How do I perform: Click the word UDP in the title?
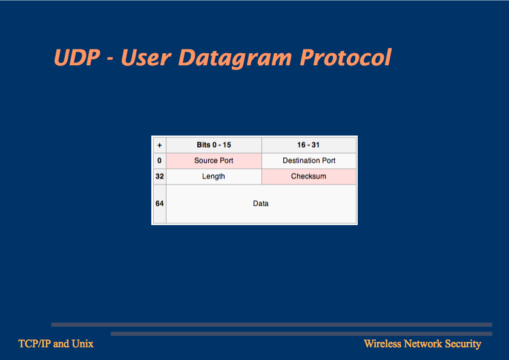77,57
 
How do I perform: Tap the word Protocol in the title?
346,57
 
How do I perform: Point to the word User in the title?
146,57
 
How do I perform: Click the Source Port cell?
214,161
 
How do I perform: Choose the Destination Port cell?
309,161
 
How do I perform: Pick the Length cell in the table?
214,176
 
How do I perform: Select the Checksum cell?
309,176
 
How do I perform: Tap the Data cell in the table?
261,204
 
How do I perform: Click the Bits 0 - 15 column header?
214,145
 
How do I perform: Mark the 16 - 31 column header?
309,145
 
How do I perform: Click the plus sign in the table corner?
159,145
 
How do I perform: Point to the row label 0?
159,160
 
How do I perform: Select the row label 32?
159,176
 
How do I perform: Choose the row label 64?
159,203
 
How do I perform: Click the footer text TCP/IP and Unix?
56,344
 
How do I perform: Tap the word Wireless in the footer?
383,344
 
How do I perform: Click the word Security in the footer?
463,344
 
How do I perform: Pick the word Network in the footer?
423,344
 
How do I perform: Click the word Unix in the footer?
82,344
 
